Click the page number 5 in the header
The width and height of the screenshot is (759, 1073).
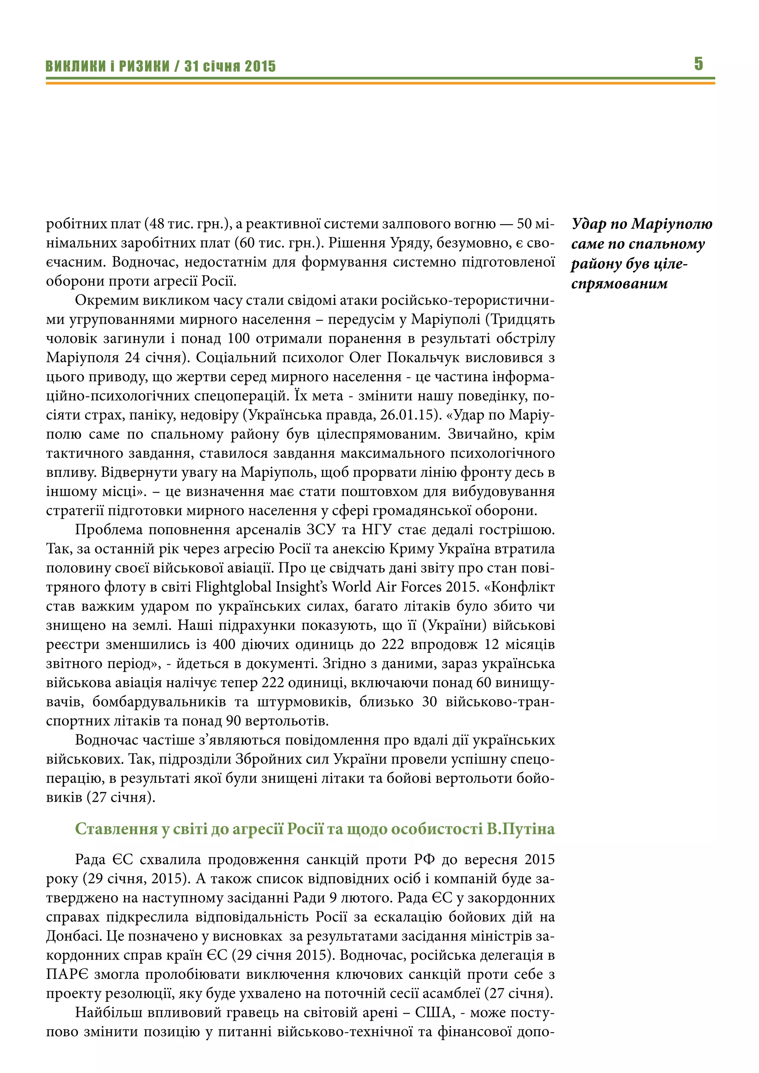698,64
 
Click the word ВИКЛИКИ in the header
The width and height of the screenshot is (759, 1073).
75,66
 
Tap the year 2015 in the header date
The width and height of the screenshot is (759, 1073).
260,66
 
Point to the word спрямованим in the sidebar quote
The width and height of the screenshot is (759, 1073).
619,283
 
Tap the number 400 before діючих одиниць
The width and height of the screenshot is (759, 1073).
224,644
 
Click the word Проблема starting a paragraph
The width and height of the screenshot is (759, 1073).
109,530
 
